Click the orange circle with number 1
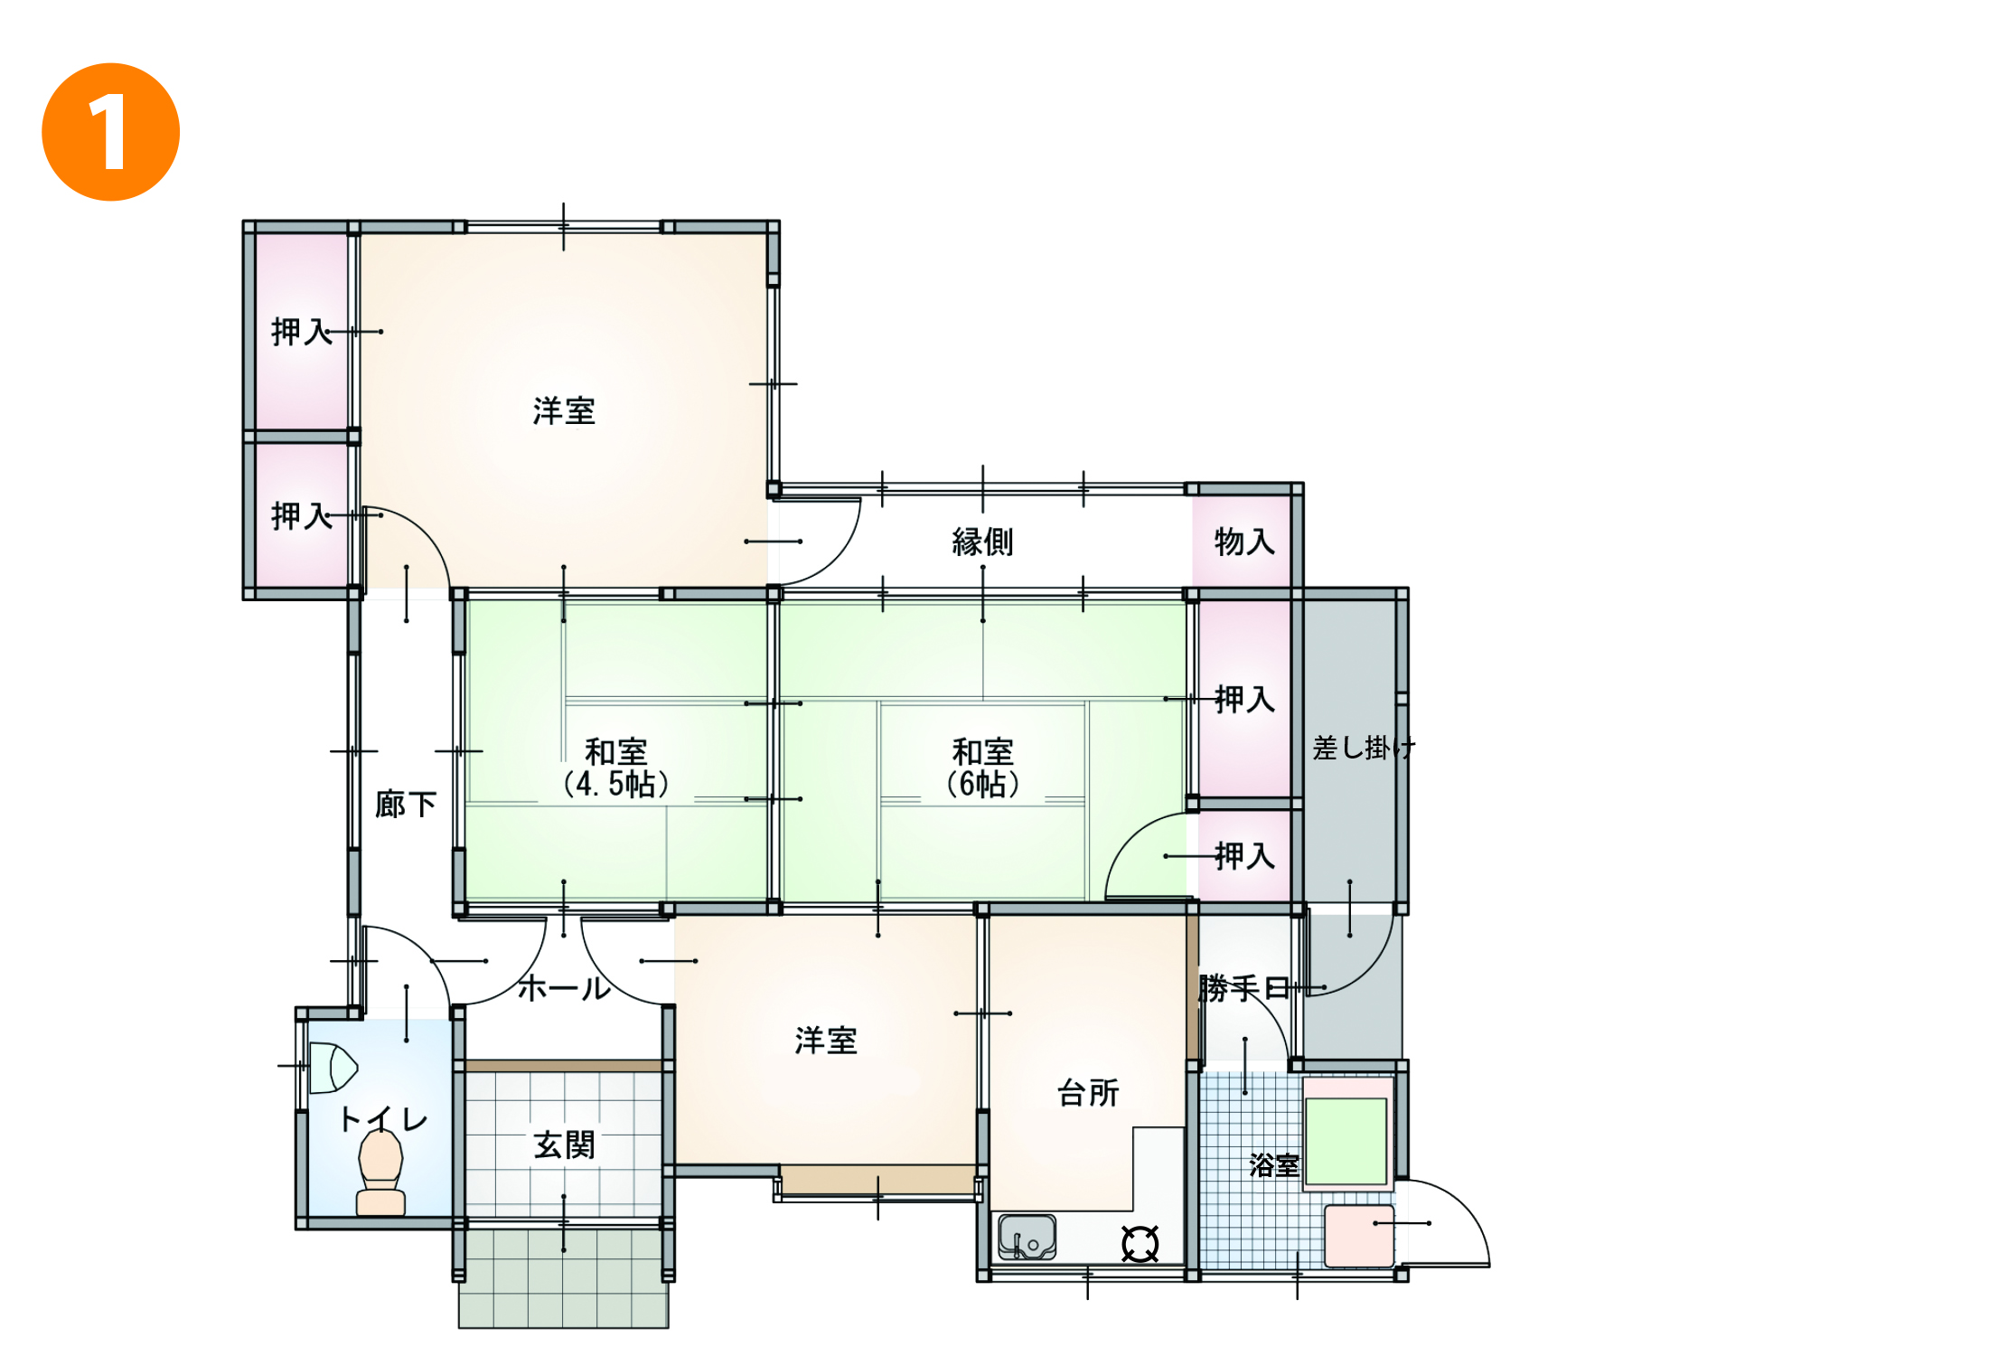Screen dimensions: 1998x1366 click(x=111, y=132)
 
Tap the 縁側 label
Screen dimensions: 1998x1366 click(x=982, y=542)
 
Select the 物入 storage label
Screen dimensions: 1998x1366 click(x=1244, y=542)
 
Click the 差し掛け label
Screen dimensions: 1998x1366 click(x=1364, y=748)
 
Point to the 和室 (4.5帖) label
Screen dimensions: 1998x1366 click(x=616, y=768)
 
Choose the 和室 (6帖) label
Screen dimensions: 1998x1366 click(x=983, y=768)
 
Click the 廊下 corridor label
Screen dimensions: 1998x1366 click(x=406, y=804)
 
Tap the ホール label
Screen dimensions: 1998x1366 click(x=565, y=988)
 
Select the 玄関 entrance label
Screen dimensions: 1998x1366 click(x=565, y=1145)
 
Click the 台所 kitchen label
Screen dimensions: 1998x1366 click(x=1088, y=1093)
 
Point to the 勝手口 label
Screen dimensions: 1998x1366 click(x=1244, y=988)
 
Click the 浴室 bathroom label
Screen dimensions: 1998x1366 click(x=1274, y=1164)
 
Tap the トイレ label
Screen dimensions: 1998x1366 click(x=383, y=1120)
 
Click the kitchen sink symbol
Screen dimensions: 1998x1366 click(x=1027, y=1237)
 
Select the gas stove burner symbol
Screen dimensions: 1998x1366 click(x=1140, y=1244)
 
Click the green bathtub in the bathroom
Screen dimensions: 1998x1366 click(x=1346, y=1141)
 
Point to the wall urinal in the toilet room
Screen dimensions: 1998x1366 click(x=333, y=1068)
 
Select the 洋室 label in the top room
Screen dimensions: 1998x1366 click(x=564, y=411)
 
